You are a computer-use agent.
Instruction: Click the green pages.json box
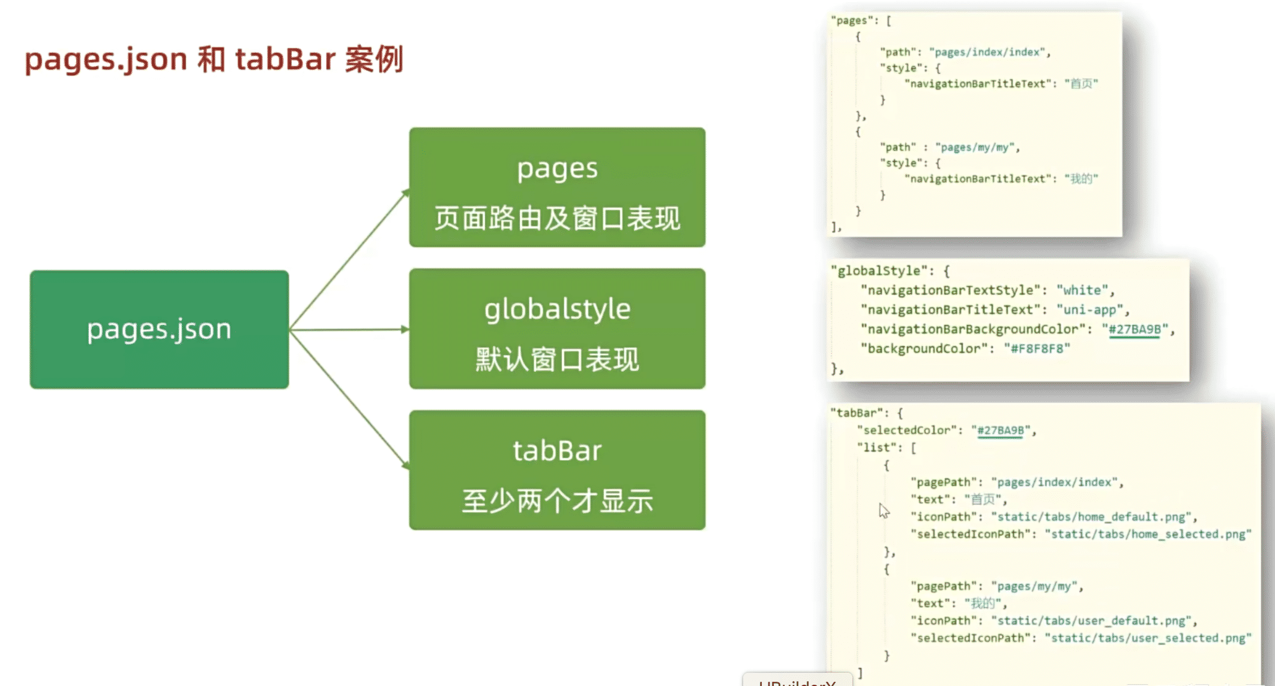(159, 329)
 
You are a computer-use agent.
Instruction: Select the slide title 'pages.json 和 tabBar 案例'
(214, 59)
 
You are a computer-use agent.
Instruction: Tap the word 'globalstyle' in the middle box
(557, 310)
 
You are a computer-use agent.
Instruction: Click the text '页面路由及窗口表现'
(557, 218)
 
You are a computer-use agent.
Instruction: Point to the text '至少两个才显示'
(557, 501)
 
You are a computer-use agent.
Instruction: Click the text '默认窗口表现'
(557, 360)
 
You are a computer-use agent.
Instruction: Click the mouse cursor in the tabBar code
(884, 511)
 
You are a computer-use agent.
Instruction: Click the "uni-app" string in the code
(1093, 310)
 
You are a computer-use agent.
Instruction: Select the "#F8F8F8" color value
(1037, 348)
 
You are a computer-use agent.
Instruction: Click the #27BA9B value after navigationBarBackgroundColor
(1135, 329)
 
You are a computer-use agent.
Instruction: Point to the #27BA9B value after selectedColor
(1001, 430)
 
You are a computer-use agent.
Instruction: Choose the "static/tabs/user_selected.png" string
(1148, 638)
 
